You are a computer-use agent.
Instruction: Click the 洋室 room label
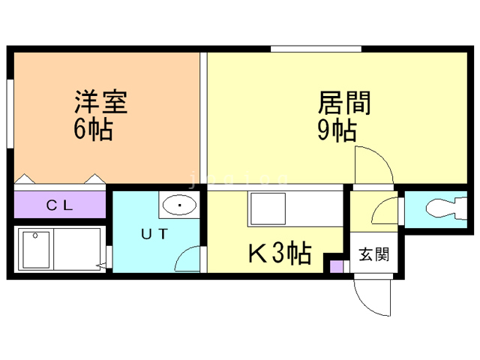[100, 103]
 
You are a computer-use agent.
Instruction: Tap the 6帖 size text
[93, 130]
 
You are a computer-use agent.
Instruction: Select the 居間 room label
[345, 103]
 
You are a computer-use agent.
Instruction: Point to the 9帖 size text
[336, 130]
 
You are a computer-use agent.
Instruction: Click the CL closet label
[58, 205]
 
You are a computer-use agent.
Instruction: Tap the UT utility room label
[154, 232]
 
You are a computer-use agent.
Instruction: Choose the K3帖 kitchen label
[279, 255]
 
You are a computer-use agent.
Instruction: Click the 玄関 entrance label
[373, 255]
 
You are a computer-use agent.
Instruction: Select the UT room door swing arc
[186, 259]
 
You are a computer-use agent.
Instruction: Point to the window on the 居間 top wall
[316, 49]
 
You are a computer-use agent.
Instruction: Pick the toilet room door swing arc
[385, 210]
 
